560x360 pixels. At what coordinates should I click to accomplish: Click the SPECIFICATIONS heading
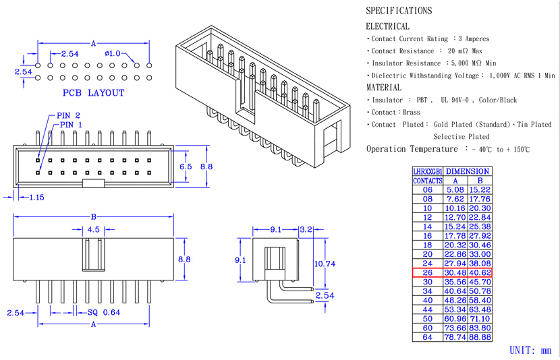(398, 11)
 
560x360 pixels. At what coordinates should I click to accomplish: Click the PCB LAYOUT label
(94, 92)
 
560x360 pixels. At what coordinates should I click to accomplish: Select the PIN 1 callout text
(71, 125)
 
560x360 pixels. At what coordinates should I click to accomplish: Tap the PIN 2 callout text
(68, 116)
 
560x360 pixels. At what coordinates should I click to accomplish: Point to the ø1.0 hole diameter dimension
(113, 53)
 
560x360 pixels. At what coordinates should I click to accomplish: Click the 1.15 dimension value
(36, 197)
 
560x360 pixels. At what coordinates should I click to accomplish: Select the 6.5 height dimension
(186, 166)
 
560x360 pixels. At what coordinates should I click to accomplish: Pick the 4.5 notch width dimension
(93, 229)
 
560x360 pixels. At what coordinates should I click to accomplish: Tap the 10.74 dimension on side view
(324, 264)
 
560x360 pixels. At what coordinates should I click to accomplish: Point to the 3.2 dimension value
(306, 230)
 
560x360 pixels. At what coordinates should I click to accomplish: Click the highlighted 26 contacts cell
(428, 272)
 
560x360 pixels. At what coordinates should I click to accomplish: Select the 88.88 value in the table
(480, 337)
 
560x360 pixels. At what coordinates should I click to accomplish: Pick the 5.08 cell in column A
(455, 190)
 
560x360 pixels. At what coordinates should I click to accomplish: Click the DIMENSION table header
(468, 172)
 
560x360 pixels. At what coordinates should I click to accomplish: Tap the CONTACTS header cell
(428, 181)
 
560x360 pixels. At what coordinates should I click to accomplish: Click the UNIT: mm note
(530, 351)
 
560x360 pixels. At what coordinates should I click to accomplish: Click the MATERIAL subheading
(383, 88)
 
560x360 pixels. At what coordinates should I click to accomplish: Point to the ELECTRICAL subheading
(387, 26)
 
